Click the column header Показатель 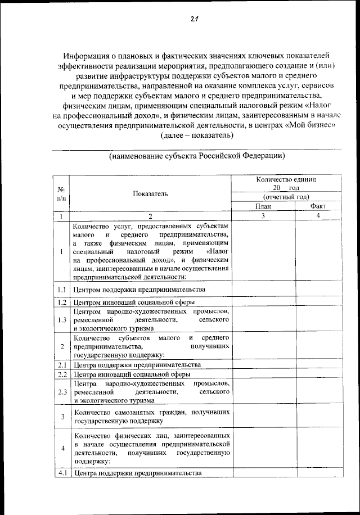150,194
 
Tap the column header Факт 318,206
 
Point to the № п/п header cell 61,194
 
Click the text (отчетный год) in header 286,197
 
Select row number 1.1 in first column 61,290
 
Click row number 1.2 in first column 61,302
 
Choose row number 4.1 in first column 61,473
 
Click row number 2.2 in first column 61,374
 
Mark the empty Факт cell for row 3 318,416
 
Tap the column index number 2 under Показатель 150,216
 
